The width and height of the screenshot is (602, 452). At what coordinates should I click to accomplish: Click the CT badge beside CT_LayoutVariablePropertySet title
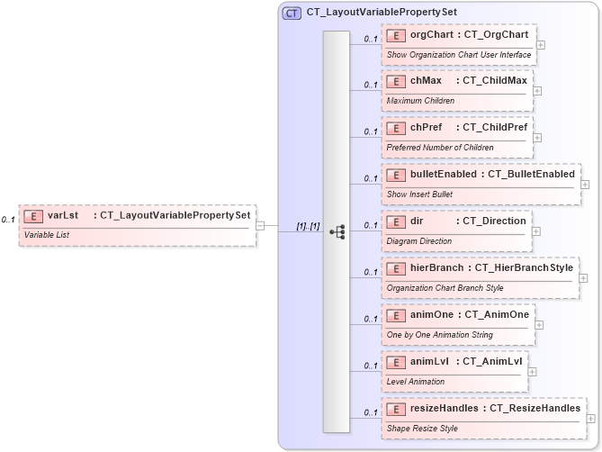click(292, 14)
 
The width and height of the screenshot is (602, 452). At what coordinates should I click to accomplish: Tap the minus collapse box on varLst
click(259, 225)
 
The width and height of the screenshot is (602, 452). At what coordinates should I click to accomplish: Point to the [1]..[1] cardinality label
click(308, 225)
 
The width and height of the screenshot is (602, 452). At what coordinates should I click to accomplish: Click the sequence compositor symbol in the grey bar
click(337, 231)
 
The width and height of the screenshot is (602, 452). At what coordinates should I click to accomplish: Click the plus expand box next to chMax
click(536, 90)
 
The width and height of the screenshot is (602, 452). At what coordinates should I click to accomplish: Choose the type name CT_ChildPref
click(495, 127)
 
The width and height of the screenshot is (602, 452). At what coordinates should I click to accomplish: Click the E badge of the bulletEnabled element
click(396, 174)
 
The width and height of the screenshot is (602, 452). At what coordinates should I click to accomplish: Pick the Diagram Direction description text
click(419, 240)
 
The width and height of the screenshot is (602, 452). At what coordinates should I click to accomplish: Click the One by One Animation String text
click(439, 334)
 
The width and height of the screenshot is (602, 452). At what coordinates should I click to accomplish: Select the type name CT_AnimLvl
click(493, 361)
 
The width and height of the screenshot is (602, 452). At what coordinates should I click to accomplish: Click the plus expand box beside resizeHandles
click(590, 418)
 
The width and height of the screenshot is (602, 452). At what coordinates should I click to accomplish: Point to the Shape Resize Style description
click(422, 428)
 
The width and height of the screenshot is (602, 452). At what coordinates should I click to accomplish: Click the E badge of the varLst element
click(33, 216)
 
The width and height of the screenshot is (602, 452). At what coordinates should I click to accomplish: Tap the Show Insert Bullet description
click(419, 194)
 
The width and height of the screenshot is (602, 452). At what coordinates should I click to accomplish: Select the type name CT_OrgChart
click(496, 34)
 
